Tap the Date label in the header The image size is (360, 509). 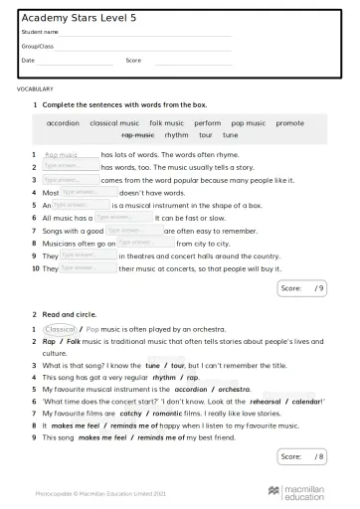(28, 60)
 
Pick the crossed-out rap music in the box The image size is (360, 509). (137, 134)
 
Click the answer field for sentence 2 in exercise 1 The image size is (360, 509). (70, 167)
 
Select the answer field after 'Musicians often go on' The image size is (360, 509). (145, 242)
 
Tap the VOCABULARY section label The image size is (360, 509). (35, 88)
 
